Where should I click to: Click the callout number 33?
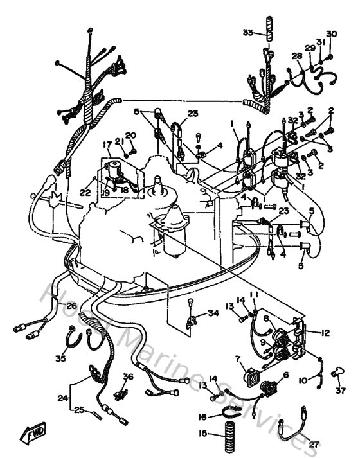(248, 33)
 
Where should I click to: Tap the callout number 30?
(331, 34)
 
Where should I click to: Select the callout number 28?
(296, 57)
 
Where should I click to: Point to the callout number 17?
(108, 144)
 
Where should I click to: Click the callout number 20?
(131, 135)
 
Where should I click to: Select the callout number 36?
(127, 377)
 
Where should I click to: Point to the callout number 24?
(62, 399)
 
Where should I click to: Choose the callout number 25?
(80, 409)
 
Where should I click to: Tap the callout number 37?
(340, 390)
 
